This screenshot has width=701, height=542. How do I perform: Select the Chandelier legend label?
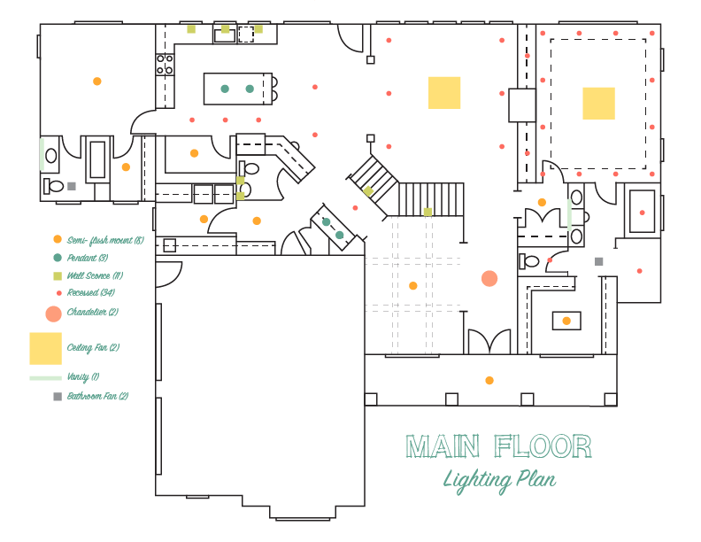[x=87, y=313]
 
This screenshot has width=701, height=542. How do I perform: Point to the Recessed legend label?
[x=89, y=292]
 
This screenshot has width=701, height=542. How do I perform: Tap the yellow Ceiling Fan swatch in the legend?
[x=45, y=348]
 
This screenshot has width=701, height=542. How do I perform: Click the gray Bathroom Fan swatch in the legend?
[x=58, y=397]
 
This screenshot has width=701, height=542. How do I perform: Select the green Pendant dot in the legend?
[x=58, y=258]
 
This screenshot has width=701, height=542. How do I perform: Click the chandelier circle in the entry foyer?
[x=489, y=279]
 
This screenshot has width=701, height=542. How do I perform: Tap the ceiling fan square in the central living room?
[x=444, y=92]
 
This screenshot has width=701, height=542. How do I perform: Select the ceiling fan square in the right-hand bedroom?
[x=598, y=103]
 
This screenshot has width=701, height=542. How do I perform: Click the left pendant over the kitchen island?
[x=225, y=89]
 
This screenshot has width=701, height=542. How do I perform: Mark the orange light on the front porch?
[x=489, y=381]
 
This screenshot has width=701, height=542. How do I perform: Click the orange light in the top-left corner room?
[x=97, y=81]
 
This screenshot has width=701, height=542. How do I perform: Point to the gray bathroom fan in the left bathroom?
[x=72, y=186]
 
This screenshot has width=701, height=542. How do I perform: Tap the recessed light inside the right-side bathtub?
[x=642, y=213]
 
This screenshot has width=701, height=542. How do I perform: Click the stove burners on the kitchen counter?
[x=165, y=64]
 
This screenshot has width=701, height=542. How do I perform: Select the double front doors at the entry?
[x=489, y=341]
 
